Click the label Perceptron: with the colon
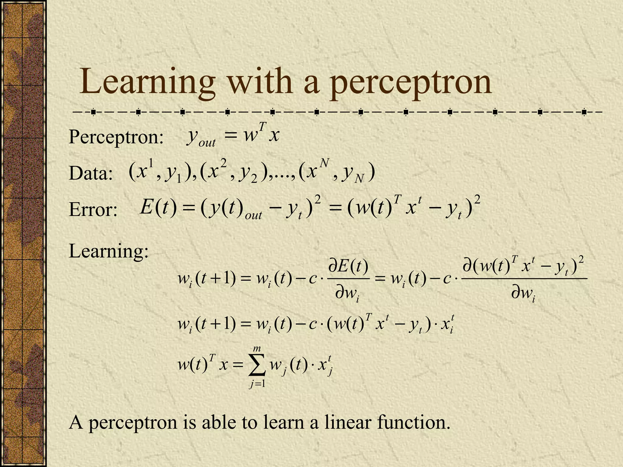click(116, 137)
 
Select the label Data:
click(91, 174)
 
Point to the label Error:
click(93, 210)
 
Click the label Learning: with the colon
click(109, 252)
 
